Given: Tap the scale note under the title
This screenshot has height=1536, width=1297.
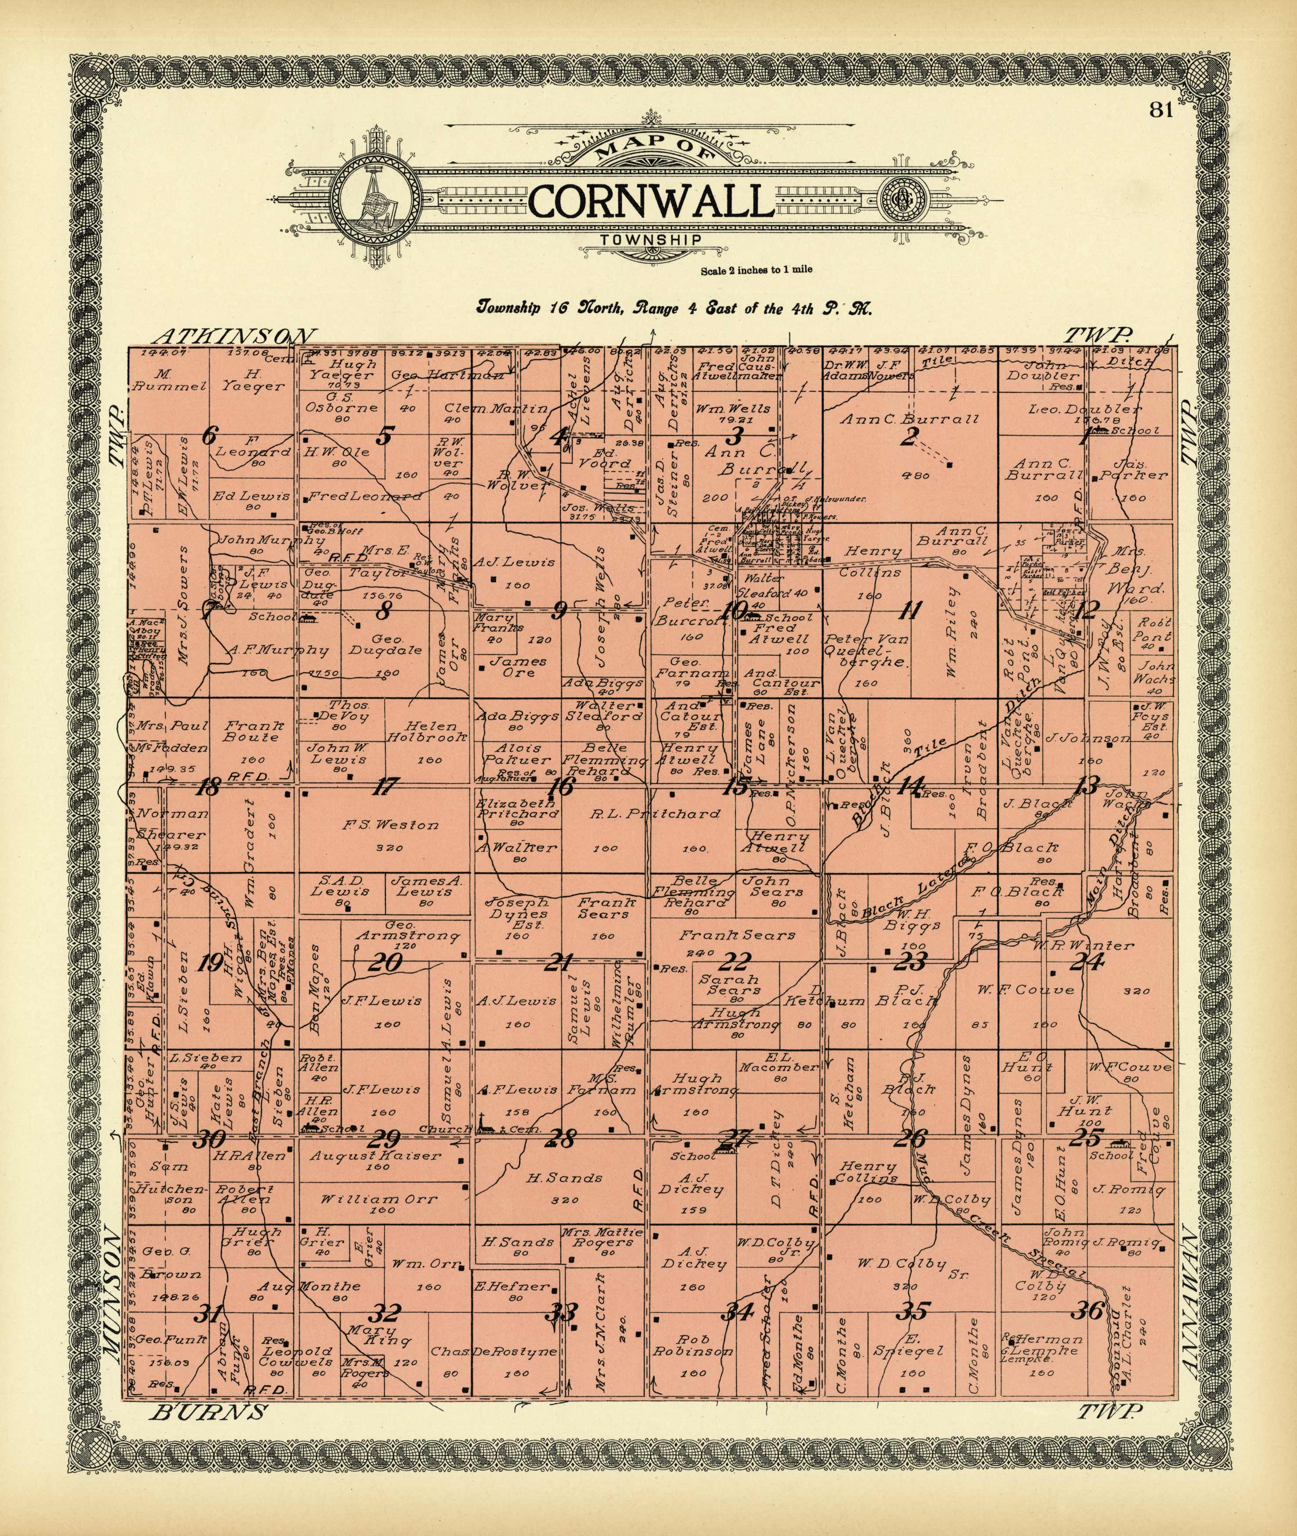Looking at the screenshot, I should (756, 270).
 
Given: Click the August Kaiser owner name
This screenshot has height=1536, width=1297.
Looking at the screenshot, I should (375, 1156).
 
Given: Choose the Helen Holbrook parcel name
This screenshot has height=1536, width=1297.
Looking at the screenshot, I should (427, 731).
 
